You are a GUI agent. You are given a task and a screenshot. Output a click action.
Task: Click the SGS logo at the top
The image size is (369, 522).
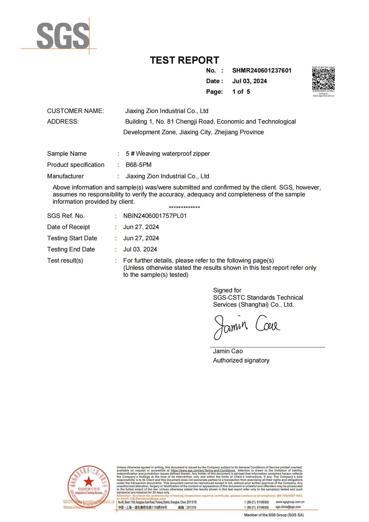(x=63, y=36)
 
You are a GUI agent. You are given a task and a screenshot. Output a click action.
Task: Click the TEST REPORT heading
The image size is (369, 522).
(x=184, y=60)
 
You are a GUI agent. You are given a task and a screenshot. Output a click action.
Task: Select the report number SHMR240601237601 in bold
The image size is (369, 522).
(x=262, y=71)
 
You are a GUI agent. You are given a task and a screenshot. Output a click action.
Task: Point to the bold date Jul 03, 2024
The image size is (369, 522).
(x=249, y=81)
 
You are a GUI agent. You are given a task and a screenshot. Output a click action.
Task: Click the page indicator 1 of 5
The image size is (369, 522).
(x=241, y=92)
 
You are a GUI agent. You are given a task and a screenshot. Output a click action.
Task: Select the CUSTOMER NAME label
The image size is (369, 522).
(x=75, y=111)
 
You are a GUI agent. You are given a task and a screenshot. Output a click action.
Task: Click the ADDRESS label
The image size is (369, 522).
(x=63, y=122)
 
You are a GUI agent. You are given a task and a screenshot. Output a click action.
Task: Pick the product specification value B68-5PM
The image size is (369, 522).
(x=138, y=165)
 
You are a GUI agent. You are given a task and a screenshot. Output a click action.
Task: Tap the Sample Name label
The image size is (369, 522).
(x=67, y=154)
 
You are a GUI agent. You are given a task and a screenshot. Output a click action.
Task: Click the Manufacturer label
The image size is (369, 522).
(x=65, y=176)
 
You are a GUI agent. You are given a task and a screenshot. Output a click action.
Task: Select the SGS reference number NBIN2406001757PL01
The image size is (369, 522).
(x=155, y=216)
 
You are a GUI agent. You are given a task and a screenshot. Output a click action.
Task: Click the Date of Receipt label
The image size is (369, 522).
(x=68, y=227)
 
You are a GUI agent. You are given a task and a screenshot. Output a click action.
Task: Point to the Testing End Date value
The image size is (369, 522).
(x=140, y=249)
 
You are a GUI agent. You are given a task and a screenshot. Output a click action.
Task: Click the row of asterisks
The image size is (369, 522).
(x=184, y=208)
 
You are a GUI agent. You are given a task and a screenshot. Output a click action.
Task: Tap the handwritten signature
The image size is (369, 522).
(x=247, y=326)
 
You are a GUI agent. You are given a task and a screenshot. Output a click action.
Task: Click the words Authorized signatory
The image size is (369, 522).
(x=241, y=360)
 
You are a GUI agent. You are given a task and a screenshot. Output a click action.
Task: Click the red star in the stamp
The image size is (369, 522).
(x=89, y=482)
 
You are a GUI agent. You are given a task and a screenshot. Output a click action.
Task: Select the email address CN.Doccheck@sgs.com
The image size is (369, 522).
(x=148, y=499)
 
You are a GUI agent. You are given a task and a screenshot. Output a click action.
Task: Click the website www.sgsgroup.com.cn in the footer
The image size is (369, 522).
(x=290, y=502)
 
